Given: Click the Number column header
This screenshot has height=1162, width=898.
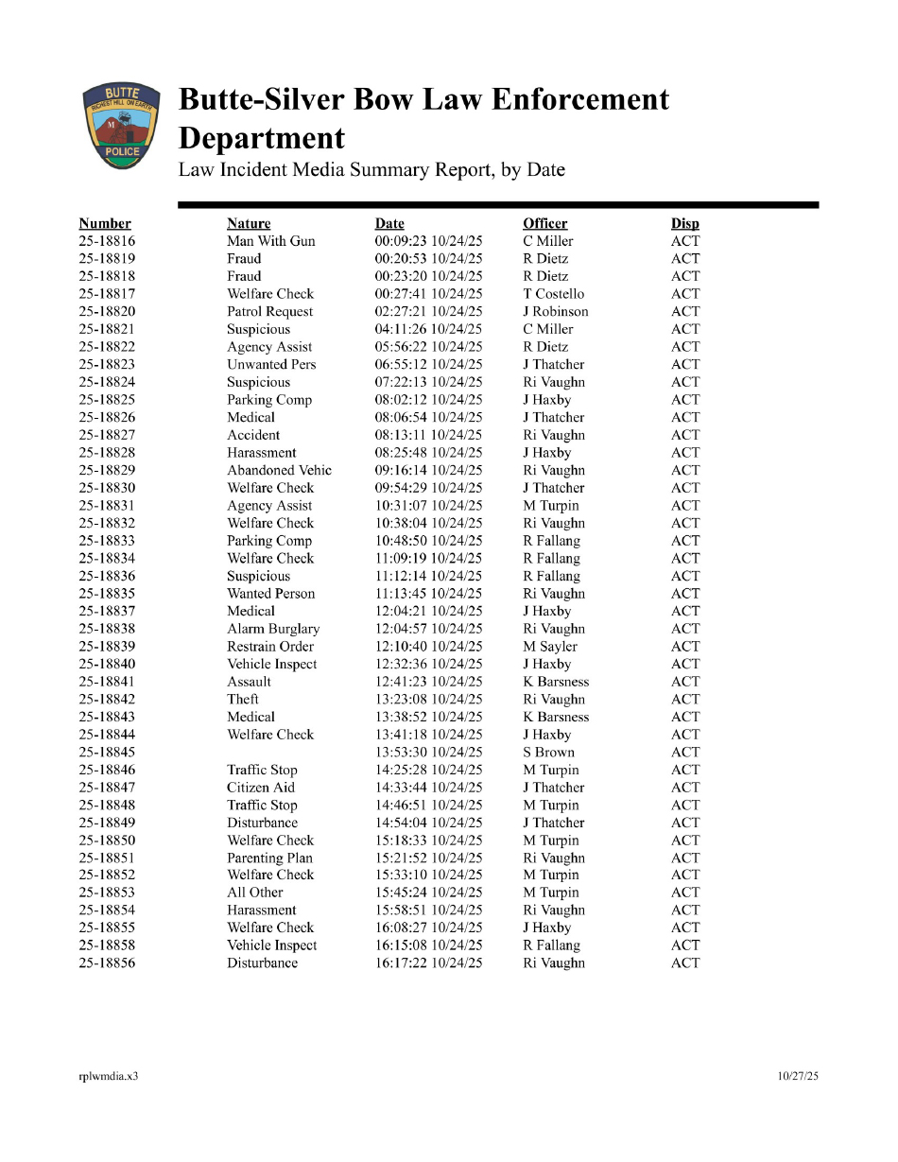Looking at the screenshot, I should tap(105, 224).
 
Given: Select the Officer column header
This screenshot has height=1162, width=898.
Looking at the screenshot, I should tap(545, 224).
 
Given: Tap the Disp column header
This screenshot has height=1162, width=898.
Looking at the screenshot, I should tap(685, 224).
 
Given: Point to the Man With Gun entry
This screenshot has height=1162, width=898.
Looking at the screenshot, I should tap(271, 241).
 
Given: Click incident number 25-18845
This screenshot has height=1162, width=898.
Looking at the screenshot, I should tap(107, 753).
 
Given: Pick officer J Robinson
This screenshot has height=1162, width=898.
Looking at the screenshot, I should tap(556, 312).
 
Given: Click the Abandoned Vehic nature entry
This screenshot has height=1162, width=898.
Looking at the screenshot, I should tap(280, 471).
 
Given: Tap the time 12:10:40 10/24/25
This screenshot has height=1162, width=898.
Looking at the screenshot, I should tap(429, 647).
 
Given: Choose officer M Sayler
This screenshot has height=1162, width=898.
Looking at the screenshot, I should tap(550, 647).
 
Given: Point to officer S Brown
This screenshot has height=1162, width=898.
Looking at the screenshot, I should tap(549, 753).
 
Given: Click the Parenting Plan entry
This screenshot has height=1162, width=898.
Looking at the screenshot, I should tap(270, 858).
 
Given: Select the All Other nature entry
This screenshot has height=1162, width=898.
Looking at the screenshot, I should tap(255, 893).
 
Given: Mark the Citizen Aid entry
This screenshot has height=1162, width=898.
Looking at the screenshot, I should tap(261, 788).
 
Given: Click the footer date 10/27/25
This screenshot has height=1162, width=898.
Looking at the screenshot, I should tap(799, 1076).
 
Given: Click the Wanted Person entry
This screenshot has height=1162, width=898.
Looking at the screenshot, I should tap(271, 594).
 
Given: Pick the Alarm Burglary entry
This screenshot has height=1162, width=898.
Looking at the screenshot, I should tap(273, 629).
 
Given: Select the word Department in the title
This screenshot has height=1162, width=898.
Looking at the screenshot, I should tap(262, 139).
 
